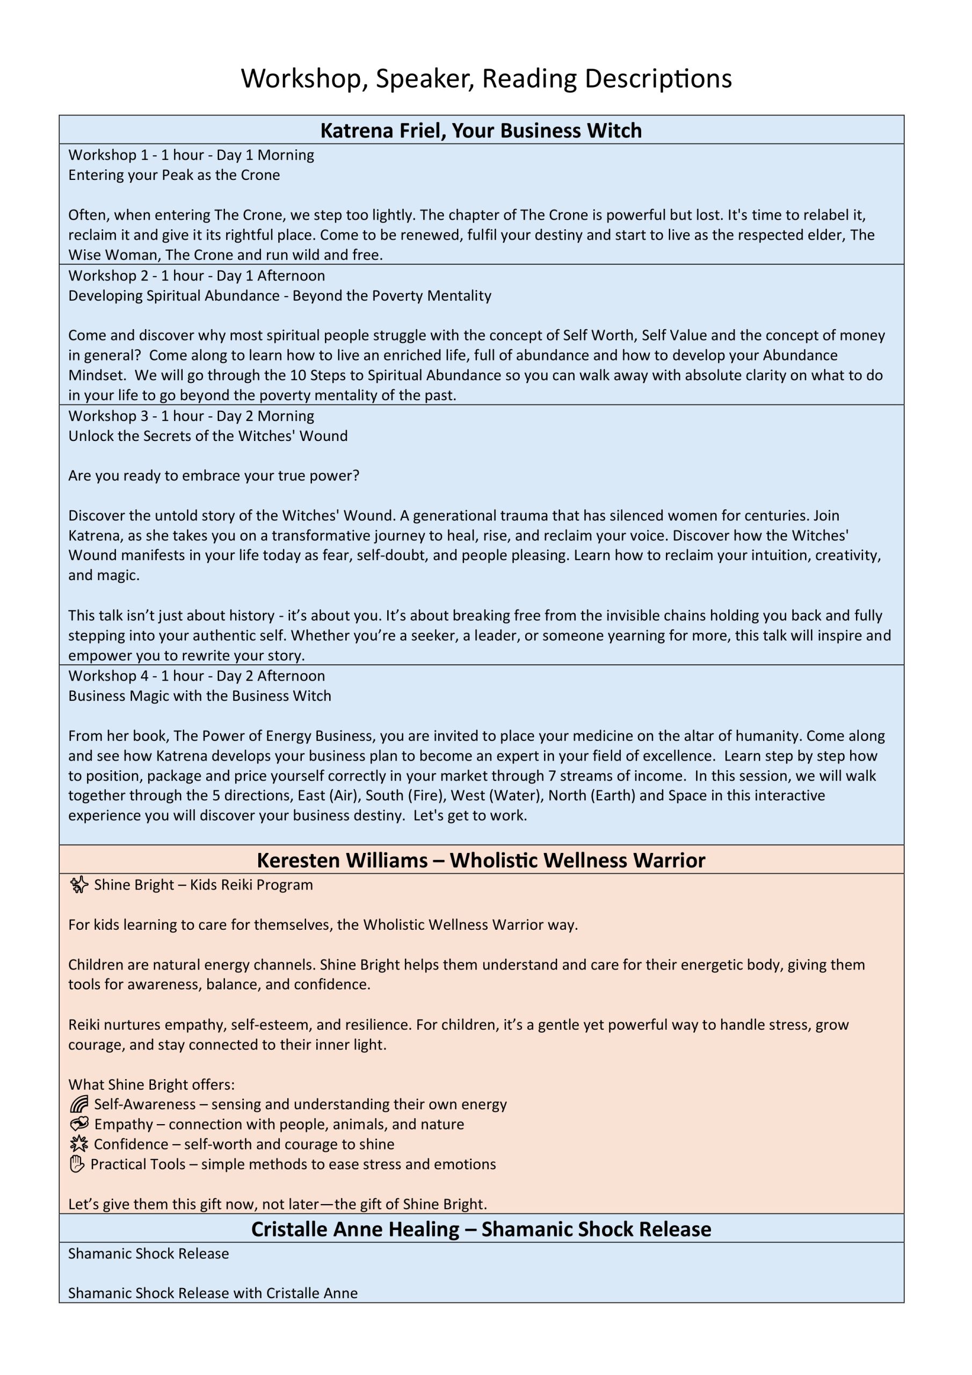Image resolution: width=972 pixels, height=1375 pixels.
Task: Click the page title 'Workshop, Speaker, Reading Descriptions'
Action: [485, 78]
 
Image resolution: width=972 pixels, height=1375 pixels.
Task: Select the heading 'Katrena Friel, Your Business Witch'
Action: [481, 131]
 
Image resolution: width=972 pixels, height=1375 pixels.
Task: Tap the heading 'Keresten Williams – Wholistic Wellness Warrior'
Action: [481, 860]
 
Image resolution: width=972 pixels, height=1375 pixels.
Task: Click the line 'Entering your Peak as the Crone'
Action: [173, 175]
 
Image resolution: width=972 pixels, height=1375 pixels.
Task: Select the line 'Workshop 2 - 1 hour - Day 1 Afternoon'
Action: [197, 276]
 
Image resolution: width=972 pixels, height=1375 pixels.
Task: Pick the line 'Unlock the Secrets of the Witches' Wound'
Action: [208, 436]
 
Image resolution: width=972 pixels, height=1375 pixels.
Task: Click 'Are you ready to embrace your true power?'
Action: [214, 475]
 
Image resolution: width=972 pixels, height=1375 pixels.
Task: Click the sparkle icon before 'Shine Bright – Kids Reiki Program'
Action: [78, 885]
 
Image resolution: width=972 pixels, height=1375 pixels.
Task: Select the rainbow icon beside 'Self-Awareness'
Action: [78, 1104]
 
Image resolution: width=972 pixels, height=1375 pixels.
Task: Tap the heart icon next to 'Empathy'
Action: [78, 1124]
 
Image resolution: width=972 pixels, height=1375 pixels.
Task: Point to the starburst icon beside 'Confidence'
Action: [78, 1144]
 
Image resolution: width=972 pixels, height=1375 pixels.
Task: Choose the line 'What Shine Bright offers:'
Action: [151, 1084]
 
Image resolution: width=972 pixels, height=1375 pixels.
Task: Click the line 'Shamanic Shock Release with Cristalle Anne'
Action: [213, 1293]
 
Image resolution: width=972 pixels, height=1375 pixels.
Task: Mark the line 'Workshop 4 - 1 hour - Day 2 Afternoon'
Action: [197, 676]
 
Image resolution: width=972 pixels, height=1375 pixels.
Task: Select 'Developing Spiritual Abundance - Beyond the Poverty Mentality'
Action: [280, 295]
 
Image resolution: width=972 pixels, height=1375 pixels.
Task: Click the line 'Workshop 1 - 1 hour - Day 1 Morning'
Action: [191, 155]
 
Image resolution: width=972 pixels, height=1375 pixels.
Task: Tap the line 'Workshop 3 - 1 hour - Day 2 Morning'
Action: [191, 416]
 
